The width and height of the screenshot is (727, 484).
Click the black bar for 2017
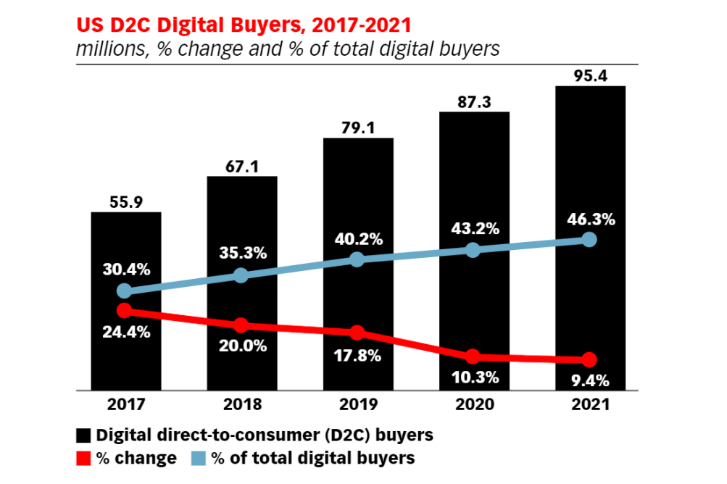[125, 348]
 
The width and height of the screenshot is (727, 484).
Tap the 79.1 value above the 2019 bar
[358, 128]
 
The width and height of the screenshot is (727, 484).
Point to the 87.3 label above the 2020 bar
[474, 102]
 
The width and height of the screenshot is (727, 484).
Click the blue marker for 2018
[241, 275]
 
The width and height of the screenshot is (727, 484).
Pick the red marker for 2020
[473, 356]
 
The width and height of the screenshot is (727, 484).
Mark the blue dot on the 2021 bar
[589, 240]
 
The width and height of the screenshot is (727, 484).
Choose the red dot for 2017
[125, 310]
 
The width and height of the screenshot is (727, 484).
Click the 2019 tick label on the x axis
[358, 404]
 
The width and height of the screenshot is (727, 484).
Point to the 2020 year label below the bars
[473, 404]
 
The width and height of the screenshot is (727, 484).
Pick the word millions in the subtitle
[107, 49]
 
